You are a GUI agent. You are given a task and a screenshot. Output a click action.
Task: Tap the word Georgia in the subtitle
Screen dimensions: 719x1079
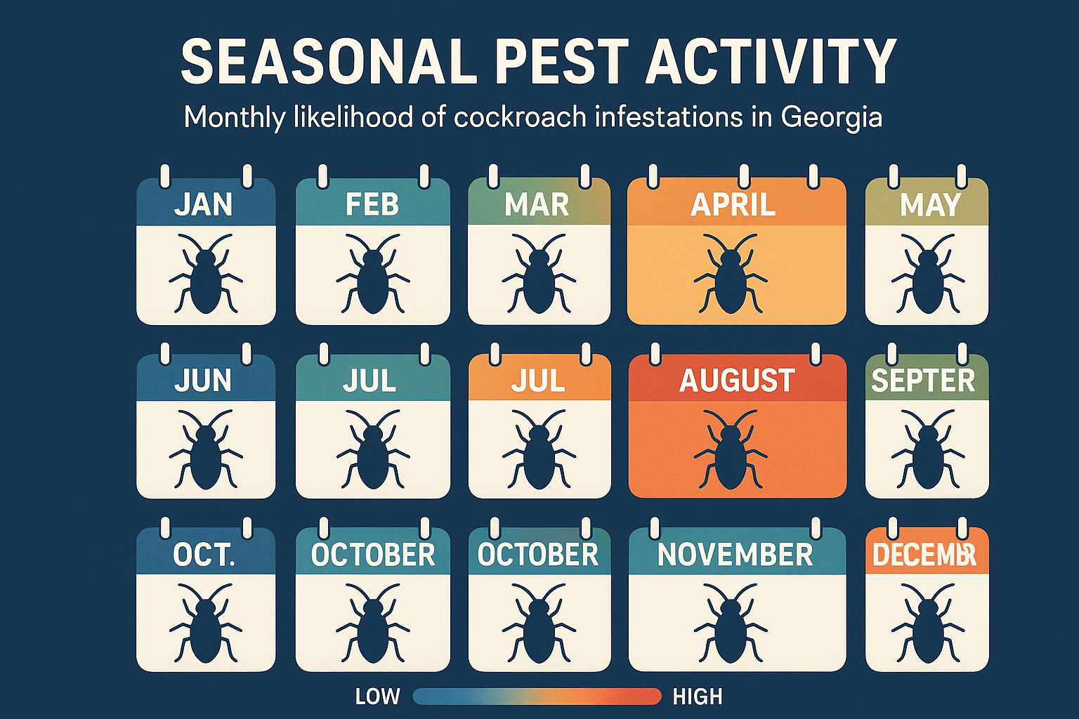831,117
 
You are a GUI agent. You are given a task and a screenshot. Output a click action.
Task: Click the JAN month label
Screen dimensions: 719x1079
203,205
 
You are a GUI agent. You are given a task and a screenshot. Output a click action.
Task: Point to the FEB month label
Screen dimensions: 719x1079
372,205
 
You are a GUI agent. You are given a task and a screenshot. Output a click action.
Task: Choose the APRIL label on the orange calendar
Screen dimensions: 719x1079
733,205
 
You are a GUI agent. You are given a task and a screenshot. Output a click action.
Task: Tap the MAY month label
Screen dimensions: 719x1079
930,205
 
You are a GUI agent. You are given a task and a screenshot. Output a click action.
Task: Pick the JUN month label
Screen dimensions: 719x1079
203,381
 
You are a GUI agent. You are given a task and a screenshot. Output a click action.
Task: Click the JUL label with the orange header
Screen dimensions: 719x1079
538,381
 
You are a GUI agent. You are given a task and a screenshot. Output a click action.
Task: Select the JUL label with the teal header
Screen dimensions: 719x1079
370,381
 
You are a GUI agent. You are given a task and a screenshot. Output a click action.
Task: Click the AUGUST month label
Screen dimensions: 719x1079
737,381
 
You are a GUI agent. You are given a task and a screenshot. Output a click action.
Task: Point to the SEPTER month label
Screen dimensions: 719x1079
923,381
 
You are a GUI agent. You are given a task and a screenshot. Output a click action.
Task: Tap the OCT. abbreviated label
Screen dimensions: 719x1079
204,555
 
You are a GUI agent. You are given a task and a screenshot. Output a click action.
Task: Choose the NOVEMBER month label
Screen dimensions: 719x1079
735,555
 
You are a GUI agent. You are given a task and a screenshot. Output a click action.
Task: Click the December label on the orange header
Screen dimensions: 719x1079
924,555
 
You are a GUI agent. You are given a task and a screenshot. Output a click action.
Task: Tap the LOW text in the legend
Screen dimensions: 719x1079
377,697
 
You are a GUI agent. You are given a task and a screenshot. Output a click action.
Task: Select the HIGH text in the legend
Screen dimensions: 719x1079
698,697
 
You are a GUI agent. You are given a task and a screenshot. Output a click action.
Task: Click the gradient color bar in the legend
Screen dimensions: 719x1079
537,697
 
